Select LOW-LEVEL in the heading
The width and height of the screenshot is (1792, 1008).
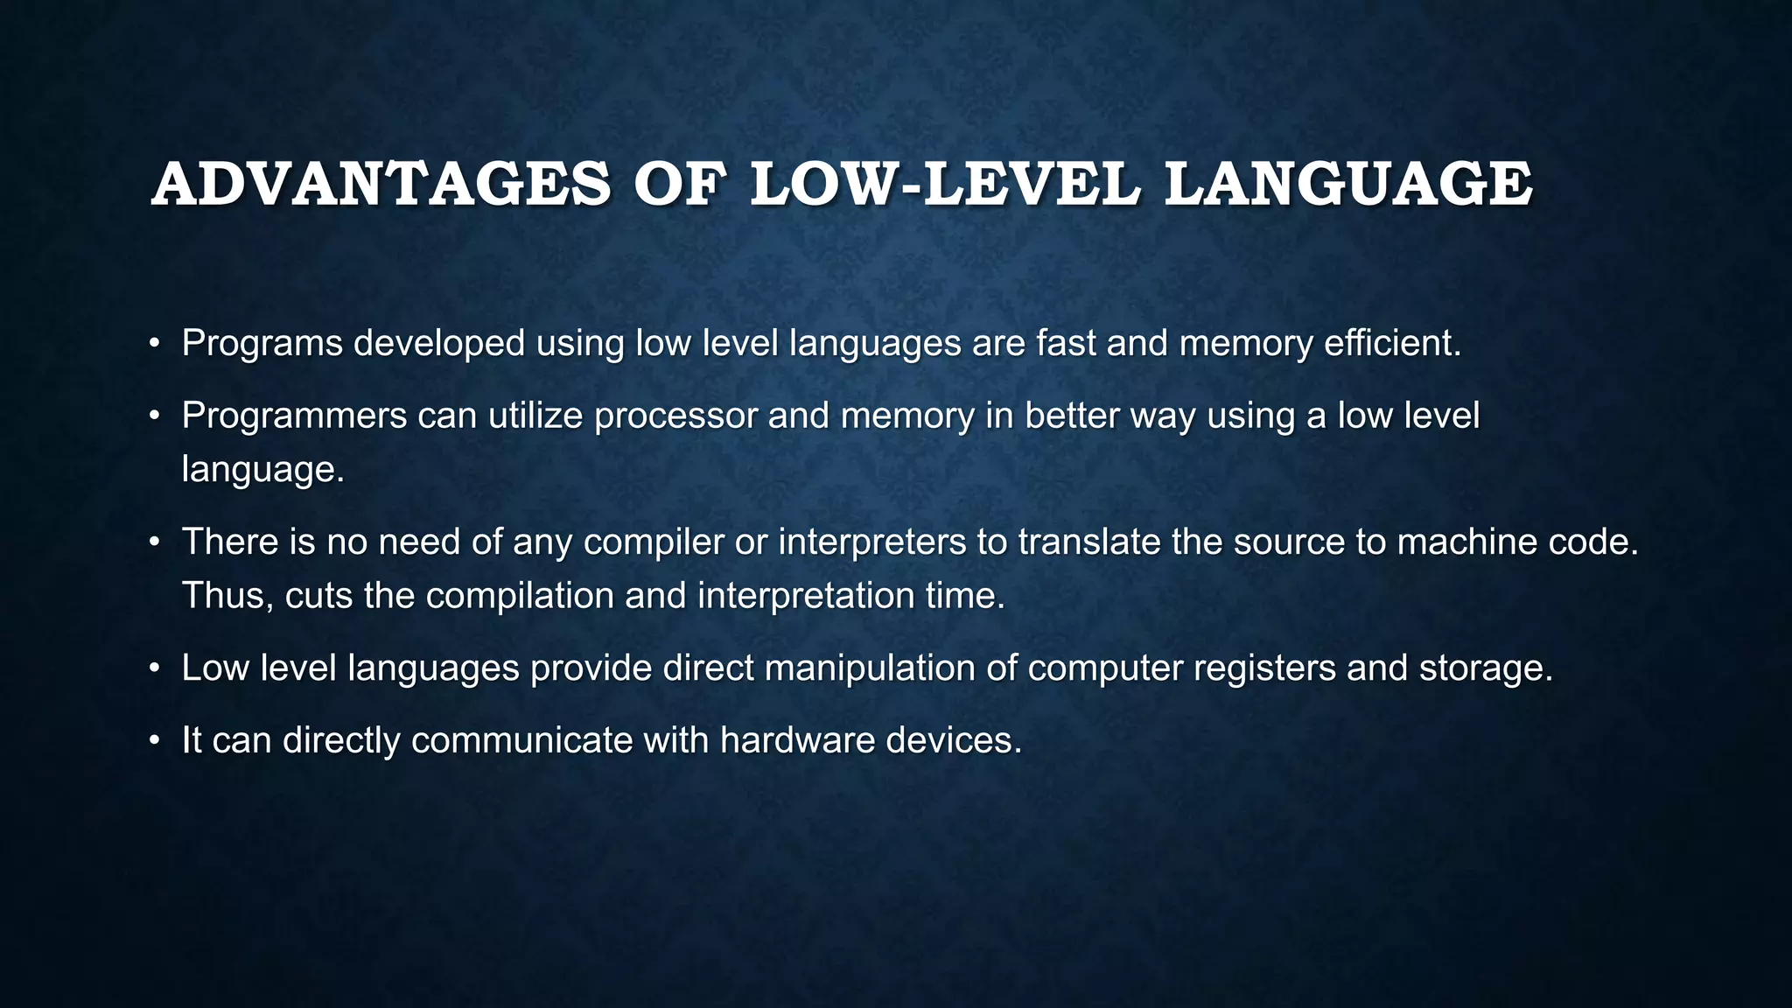point(945,185)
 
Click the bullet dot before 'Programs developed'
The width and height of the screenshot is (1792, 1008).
point(155,344)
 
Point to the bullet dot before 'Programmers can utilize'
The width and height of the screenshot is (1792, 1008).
point(155,416)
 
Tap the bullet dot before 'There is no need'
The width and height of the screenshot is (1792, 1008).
point(155,543)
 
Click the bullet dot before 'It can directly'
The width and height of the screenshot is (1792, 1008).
point(155,742)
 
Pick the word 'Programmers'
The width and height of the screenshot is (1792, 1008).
point(294,416)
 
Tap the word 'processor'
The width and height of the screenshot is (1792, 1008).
point(675,416)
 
